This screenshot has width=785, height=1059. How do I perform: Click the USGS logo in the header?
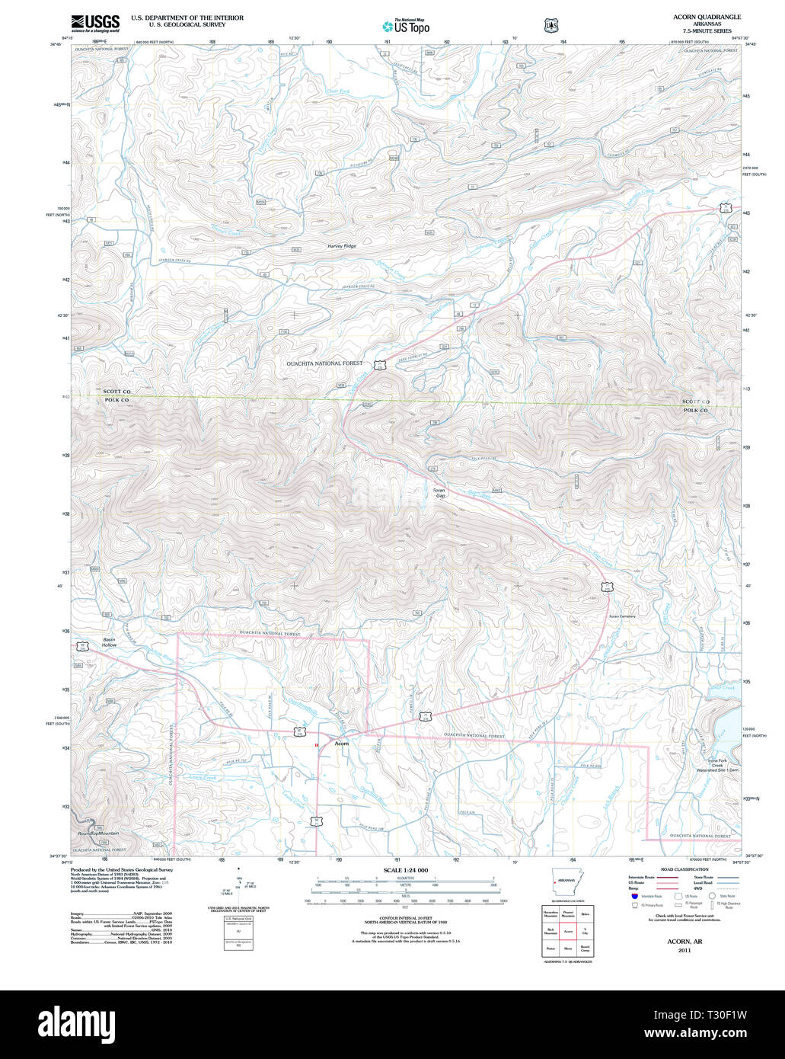pyautogui.click(x=95, y=23)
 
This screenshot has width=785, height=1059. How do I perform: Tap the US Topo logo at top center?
pyautogui.click(x=406, y=26)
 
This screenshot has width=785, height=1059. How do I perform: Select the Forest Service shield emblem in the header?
pyautogui.click(x=550, y=25)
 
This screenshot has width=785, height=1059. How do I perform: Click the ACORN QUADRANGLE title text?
pyautogui.click(x=707, y=17)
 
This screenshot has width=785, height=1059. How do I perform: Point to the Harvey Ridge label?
pyautogui.click(x=342, y=246)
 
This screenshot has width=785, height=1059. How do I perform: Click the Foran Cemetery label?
pyautogui.click(x=621, y=616)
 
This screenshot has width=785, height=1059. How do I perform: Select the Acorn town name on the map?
pyautogui.click(x=342, y=743)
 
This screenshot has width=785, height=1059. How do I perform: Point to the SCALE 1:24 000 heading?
pyautogui.click(x=406, y=870)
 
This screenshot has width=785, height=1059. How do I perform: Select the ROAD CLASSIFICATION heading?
pyautogui.click(x=685, y=869)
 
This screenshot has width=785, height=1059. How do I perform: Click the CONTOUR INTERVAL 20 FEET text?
pyautogui.click(x=406, y=919)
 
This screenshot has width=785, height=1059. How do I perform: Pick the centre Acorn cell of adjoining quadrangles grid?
pyautogui.click(x=567, y=931)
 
